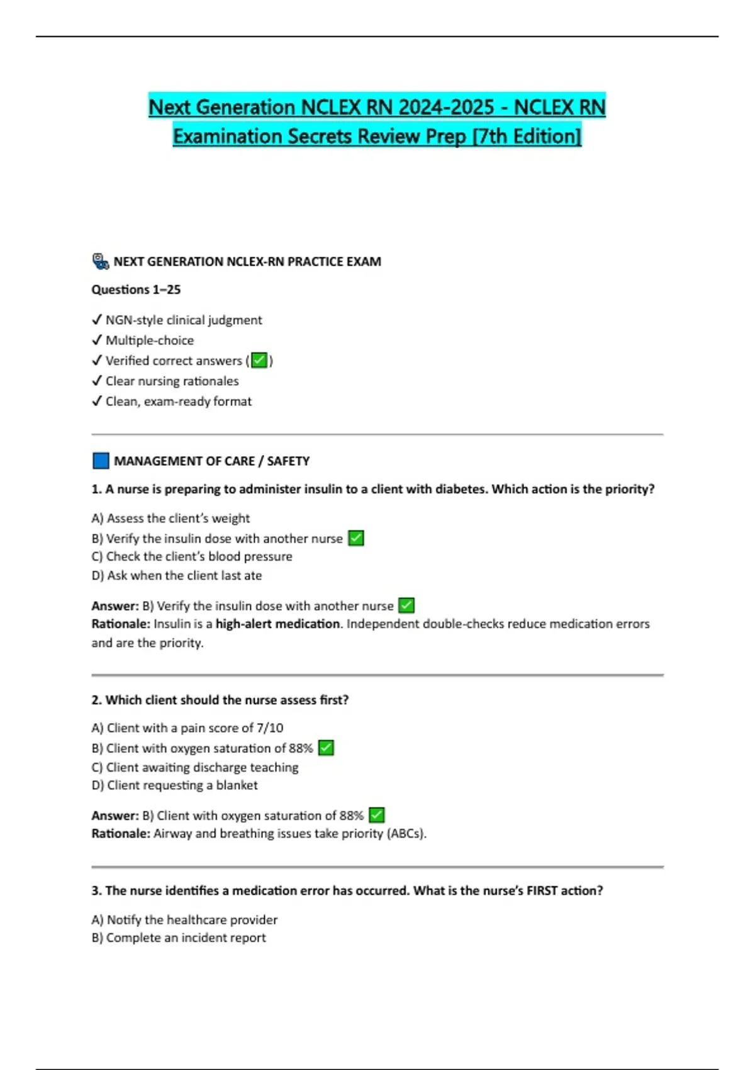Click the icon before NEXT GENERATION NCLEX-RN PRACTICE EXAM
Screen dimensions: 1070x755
point(101,261)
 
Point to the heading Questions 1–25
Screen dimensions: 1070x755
point(136,290)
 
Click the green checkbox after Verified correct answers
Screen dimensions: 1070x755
point(259,361)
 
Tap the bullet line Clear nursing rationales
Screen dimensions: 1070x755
point(172,381)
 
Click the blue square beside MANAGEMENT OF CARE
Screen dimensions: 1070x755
point(101,461)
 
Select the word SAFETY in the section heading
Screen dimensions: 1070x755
point(288,461)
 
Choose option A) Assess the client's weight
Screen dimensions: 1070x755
point(171,518)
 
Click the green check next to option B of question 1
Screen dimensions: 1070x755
point(356,538)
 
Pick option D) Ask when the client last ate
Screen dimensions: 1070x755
point(177,575)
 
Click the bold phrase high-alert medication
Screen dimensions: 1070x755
point(277,624)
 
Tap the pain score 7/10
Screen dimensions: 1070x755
point(270,728)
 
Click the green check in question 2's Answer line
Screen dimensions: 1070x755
point(376,815)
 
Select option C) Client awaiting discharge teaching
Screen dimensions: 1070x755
point(195,767)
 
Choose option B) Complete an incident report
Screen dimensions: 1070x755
point(179,937)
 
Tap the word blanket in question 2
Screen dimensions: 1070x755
point(237,785)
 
